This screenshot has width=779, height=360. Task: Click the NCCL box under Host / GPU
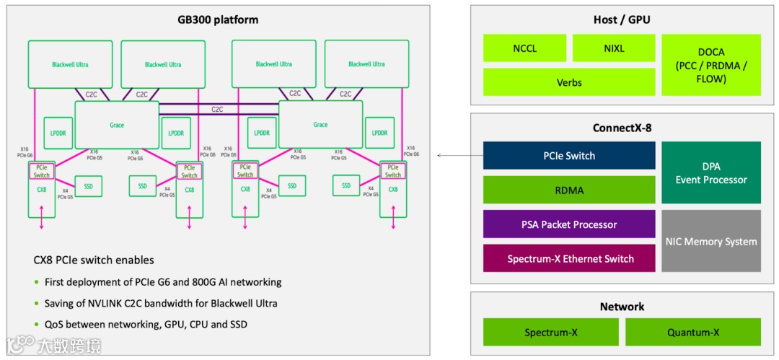(x=524, y=48)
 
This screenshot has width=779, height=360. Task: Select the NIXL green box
(x=614, y=48)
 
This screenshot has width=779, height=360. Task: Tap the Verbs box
(x=568, y=82)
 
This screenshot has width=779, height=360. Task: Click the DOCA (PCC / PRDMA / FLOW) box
(x=710, y=65)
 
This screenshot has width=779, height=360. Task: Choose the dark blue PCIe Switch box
(x=568, y=155)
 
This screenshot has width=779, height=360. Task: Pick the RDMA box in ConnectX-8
(x=568, y=190)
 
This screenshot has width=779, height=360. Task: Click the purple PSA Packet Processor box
(x=568, y=224)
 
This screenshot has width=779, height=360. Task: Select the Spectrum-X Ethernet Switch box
(x=568, y=258)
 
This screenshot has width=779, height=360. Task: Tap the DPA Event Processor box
(x=710, y=172)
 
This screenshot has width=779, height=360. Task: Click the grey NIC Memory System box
(x=710, y=241)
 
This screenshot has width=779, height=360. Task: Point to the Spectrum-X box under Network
(x=550, y=332)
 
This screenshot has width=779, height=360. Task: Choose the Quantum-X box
(x=692, y=332)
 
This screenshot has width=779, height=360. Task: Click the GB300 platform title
(x=217, y=19)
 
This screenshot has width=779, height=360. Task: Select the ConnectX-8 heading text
(x=621, y=128)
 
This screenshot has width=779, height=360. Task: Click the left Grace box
(x=117, y=125)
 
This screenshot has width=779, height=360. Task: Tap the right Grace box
(x=320, y=125)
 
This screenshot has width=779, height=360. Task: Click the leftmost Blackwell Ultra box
(x=70, y=65)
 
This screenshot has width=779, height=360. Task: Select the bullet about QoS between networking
(x=145, y=325)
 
